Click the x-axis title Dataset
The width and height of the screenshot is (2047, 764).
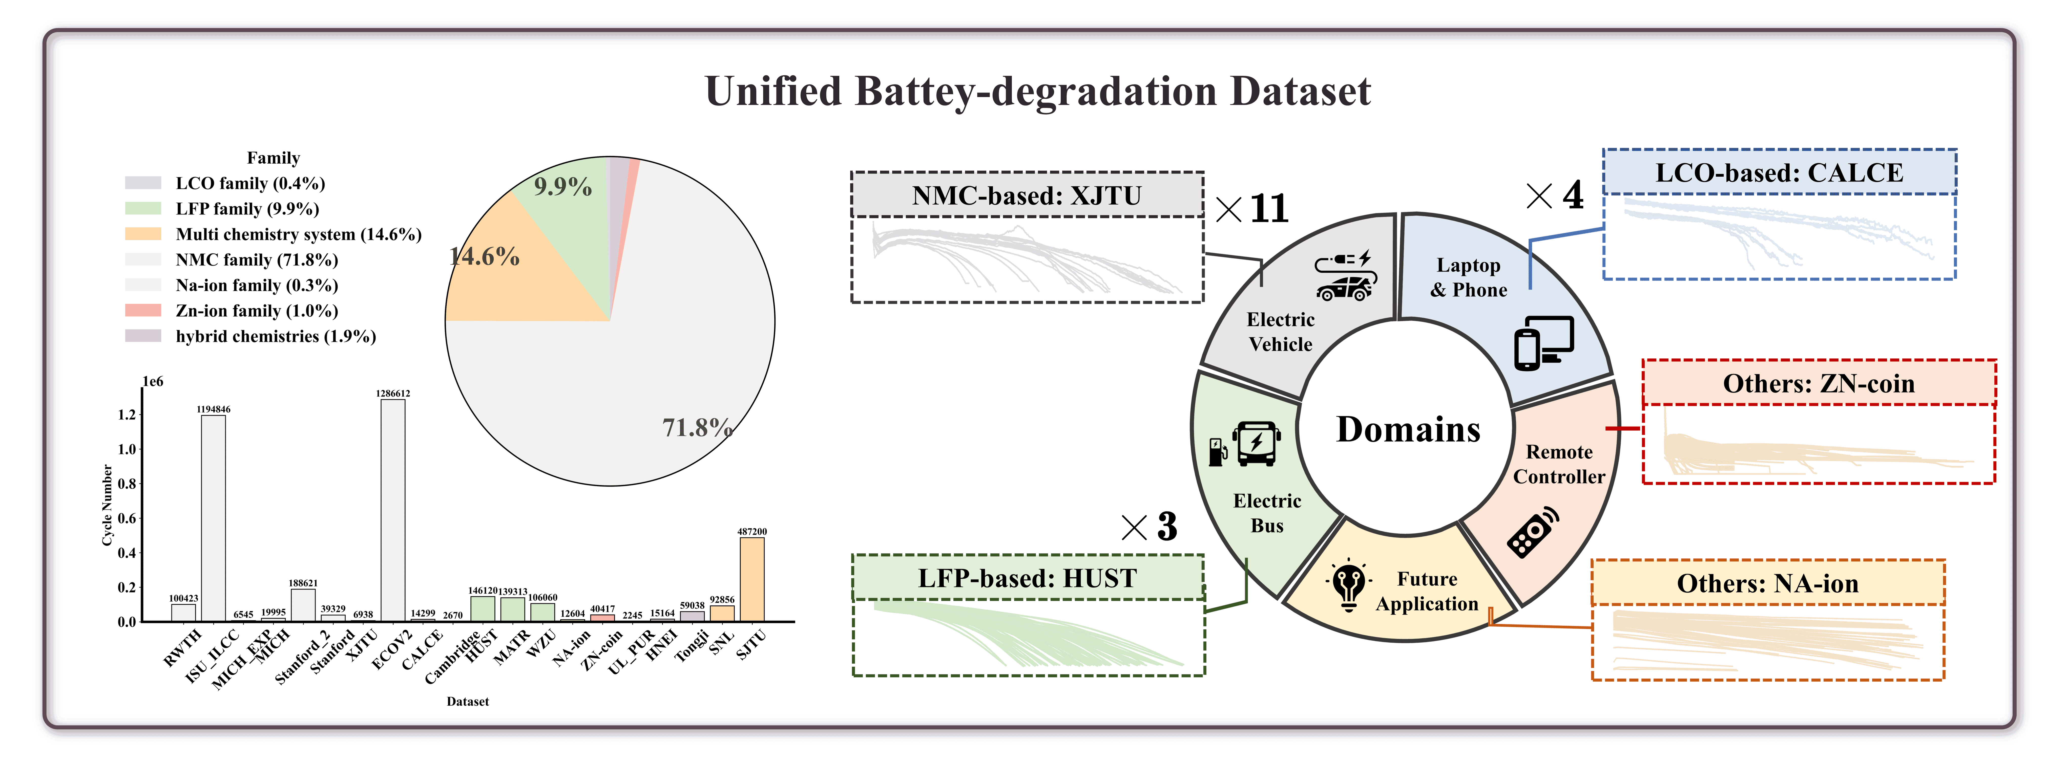[x=467, y=701]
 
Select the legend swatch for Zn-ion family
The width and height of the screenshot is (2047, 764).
[x=143, y=310]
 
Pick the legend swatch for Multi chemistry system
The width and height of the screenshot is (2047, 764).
[x=143, y=233]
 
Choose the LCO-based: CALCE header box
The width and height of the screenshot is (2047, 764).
[x=1779, y=172]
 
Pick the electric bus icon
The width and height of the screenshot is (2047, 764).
[x=1256, y=442]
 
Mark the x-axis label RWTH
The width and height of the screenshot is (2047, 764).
[x=183, y=647]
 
